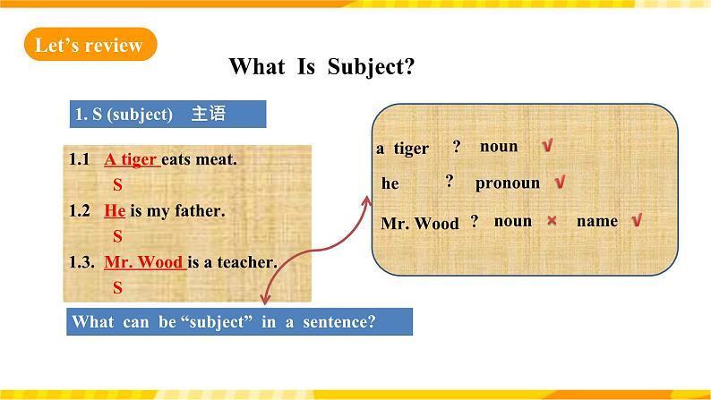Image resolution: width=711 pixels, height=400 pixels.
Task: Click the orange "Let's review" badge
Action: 90,45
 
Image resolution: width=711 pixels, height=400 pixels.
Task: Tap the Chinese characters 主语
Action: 209,114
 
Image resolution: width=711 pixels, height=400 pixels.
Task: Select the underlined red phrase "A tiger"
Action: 132,159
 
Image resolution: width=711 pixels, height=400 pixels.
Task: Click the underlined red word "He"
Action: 115,210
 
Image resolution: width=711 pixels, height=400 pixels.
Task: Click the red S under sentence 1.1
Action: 117,185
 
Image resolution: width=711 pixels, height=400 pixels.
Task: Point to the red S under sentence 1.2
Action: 117,236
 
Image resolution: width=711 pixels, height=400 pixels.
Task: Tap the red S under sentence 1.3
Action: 117,287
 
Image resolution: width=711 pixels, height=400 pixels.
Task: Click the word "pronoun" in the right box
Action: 508,183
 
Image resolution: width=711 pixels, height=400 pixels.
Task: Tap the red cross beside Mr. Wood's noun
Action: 552,221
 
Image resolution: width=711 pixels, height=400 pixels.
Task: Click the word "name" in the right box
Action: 597,221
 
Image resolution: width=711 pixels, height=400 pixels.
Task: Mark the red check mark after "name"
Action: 637,220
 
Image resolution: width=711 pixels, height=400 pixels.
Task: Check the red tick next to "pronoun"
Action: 560,183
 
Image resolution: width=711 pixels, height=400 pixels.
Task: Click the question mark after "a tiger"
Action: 457,146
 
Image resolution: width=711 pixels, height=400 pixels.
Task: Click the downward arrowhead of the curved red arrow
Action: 266,300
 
